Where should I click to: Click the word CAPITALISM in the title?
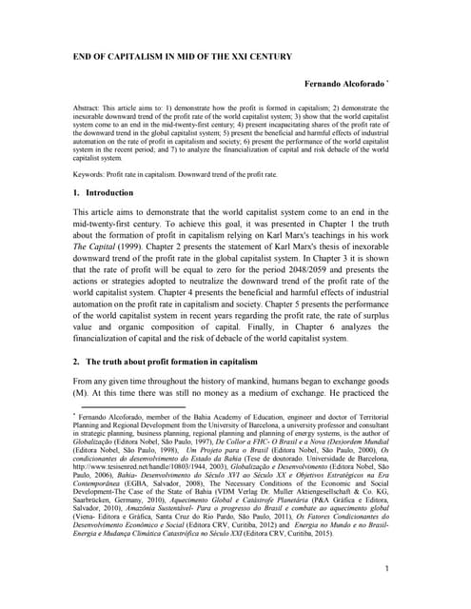143,56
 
